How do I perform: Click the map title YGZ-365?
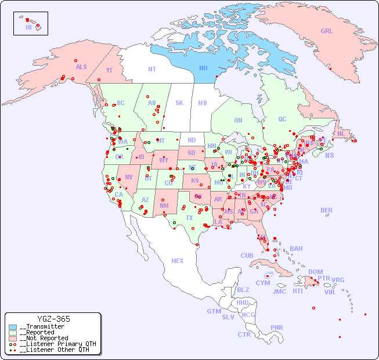pos(53,319)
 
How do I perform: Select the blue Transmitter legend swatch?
pos(13,327)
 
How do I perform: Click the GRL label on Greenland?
pos(327,31)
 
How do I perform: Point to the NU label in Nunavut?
pos(203,68)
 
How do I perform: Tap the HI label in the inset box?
pos(28,27)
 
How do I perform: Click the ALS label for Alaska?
pos(81,67)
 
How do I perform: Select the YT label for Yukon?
pos(109,70)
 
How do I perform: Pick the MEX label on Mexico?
pos(178,261)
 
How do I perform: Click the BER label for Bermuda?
pos(326,210)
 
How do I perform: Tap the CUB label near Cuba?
pos(247,255)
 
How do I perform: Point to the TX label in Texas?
pos(189,218)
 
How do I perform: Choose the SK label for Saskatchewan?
pos(179,103)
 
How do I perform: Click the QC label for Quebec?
pos(282,119)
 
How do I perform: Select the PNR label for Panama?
pos(277,327)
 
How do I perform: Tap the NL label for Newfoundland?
pos(341,133)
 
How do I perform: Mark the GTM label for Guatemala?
pos(214,311)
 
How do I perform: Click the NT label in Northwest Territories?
pos(151,69)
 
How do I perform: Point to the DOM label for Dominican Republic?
pos(315,272)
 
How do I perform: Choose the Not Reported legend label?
pos(43,338)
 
